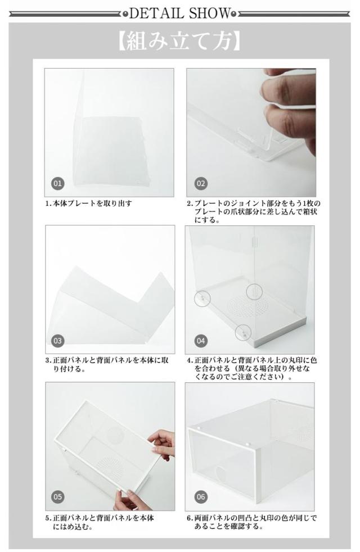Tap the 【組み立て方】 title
[179, 42]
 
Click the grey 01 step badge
[58, 183]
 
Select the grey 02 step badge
[201, 183]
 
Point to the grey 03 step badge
[58, 341]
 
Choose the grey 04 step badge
[201, 341]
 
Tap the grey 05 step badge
[58, 497]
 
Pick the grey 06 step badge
[201, 497]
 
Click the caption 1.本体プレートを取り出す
[88, 203]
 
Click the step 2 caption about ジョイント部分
[254, 211]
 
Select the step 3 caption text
[107, 365]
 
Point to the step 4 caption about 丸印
[252, 369]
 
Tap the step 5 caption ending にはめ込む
[100, 522]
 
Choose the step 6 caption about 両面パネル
[252, 522]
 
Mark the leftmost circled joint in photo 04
[202, 298]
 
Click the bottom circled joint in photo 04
[243, 332]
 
